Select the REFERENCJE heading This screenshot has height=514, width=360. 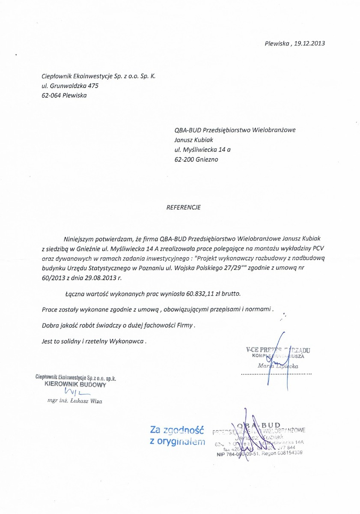coord(183,207)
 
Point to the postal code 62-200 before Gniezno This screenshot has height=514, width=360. coord(184,160)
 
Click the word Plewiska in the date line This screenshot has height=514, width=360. coord(277,43)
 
